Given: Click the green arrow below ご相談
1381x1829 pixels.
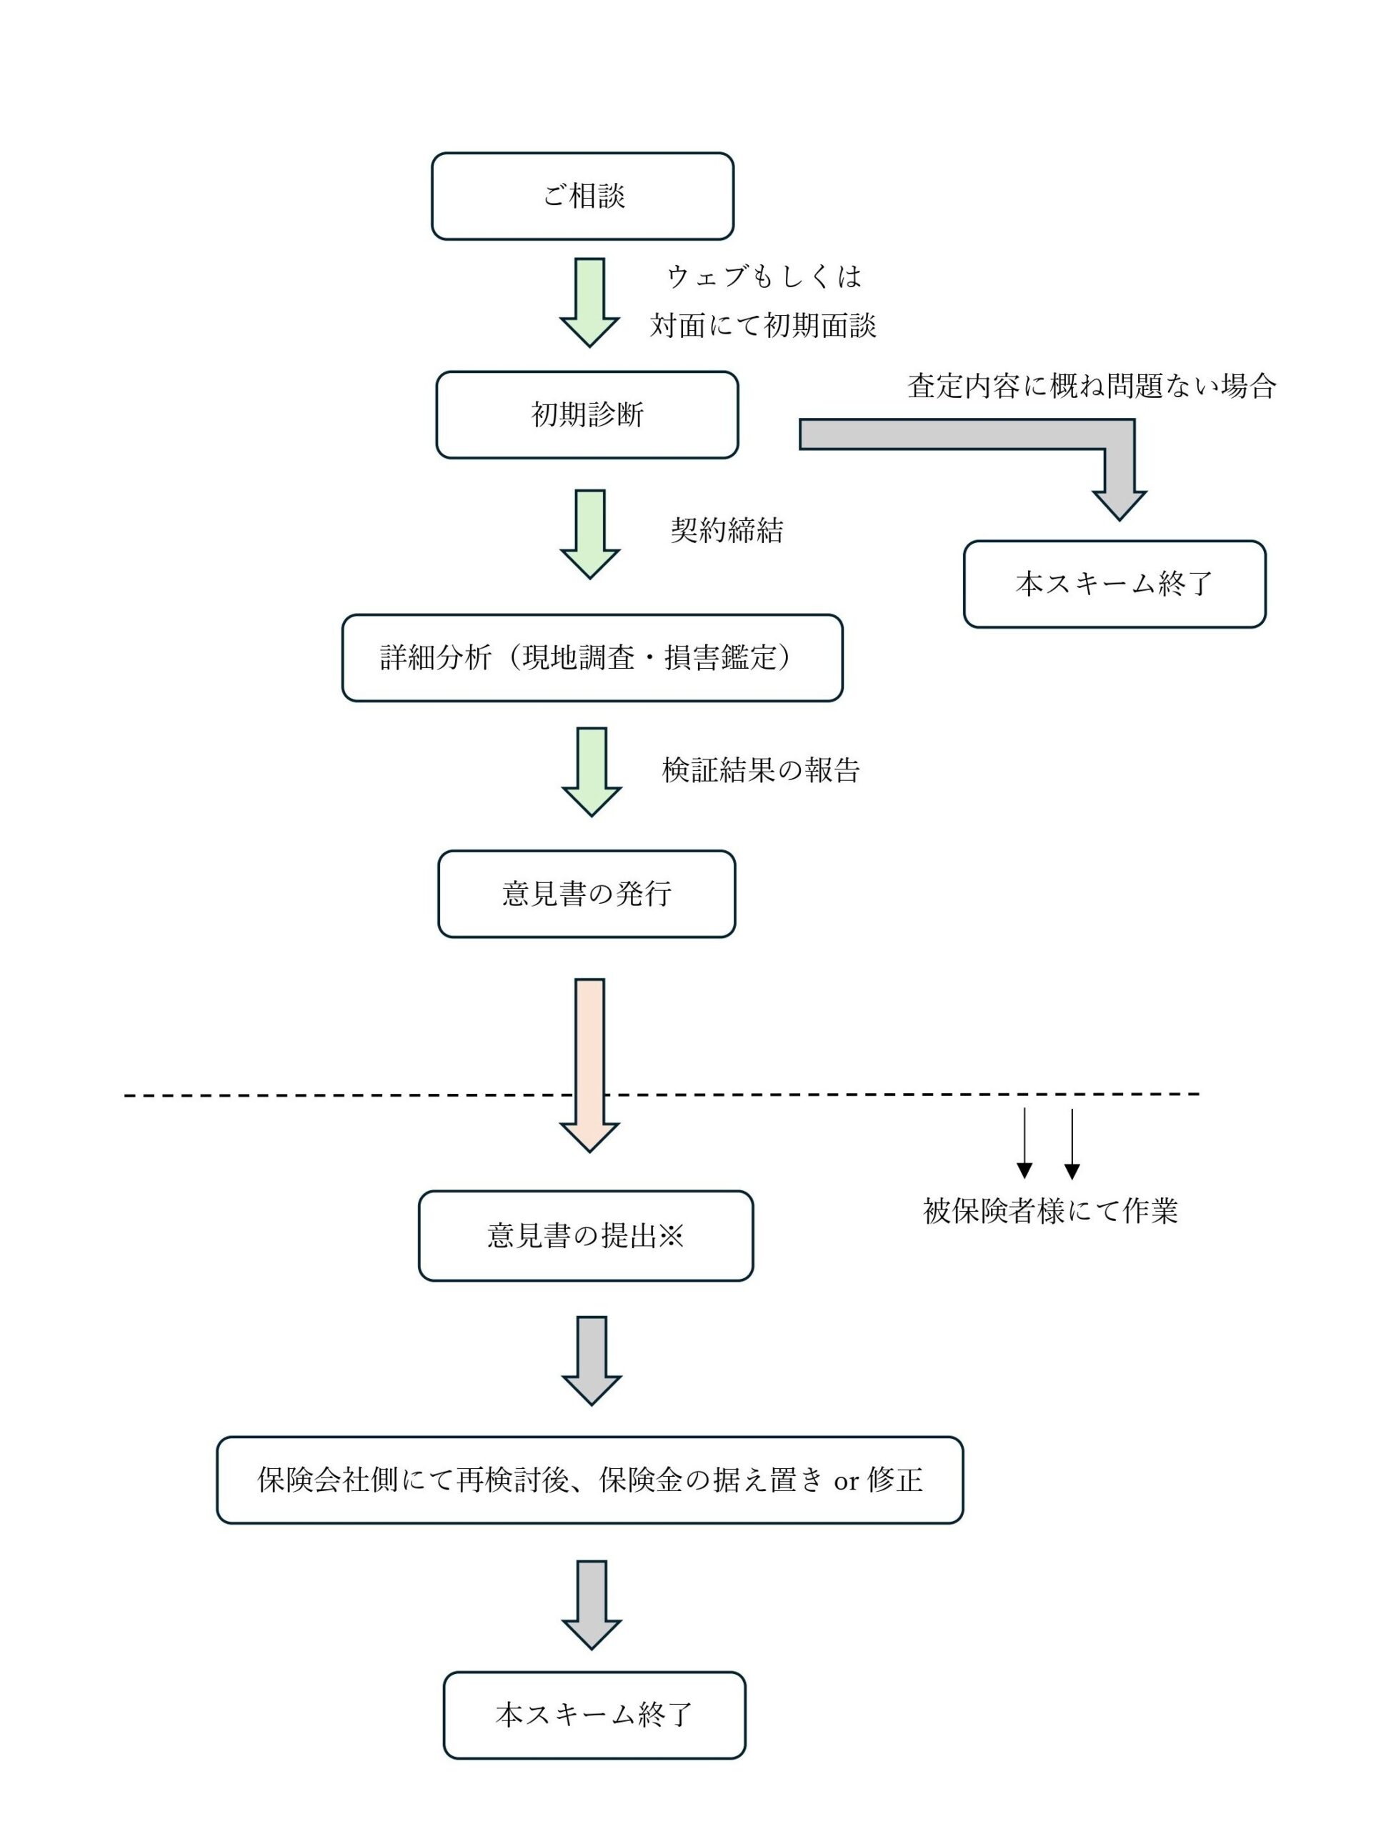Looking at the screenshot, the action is point(589,303).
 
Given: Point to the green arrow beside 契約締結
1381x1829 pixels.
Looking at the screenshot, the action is point(589,534).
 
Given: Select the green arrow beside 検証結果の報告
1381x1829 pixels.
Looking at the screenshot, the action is point(592,772).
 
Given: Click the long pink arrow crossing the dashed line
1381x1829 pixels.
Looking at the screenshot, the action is point(589,1065).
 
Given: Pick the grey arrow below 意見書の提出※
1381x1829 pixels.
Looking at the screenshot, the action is point(592,1361).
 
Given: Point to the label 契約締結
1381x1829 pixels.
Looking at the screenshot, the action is point(727,530).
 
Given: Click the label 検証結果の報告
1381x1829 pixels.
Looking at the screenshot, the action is point(761,769).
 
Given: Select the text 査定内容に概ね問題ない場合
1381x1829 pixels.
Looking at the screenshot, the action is point(1092,385).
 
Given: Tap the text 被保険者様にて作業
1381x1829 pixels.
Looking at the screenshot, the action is point(1050,1210).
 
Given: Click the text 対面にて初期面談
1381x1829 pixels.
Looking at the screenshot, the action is point(762,326).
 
